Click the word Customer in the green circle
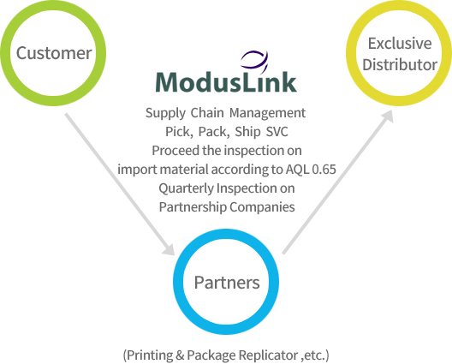coord(54,53)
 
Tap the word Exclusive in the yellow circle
coord(400,44)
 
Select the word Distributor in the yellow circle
coord(400,64)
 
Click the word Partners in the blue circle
coord(227,283)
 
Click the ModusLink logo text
coord(226,81)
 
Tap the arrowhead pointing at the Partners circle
coord(169,249)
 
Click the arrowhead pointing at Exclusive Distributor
coord(387,116)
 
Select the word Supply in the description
coord(165,113)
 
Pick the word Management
coord(267,113)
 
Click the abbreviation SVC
coord(277,132)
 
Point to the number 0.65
coord(324,170)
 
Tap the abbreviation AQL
coord(298,170)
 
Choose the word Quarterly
coord(187,188)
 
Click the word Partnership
coord(193,207)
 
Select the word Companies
coord(262,207)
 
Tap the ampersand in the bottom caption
coord(180,355)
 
